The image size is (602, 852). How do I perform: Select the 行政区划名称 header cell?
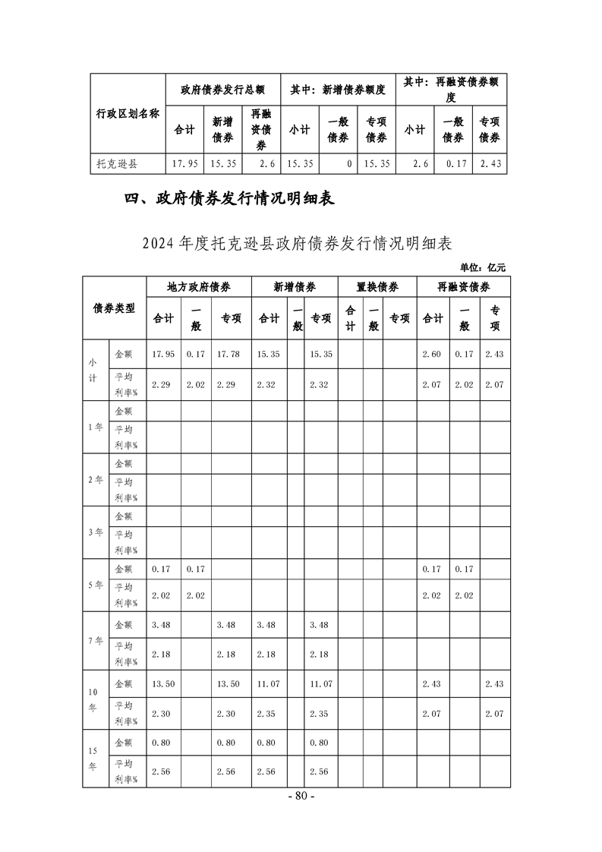coord(128,114)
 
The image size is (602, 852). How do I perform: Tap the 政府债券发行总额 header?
coord(222,90)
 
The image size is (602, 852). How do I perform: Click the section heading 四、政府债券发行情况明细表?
coord(229,200)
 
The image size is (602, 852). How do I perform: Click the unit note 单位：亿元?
coord(482,267)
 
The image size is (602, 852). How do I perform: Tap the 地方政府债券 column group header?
coord(199,287)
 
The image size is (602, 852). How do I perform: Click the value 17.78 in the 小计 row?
coord(228,354)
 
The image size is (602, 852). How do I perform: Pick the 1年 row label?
coord(96,427)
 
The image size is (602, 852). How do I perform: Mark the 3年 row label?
coord(96,532)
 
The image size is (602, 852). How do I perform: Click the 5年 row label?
coord(96,585)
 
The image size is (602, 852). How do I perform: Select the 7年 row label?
coord(96,640)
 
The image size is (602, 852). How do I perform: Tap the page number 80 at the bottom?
coord(301,797)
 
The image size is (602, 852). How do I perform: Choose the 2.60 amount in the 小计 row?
coord(433,354)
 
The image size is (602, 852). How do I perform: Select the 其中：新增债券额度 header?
coord(338,90)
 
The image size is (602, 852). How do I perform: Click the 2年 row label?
coord(96,479)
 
